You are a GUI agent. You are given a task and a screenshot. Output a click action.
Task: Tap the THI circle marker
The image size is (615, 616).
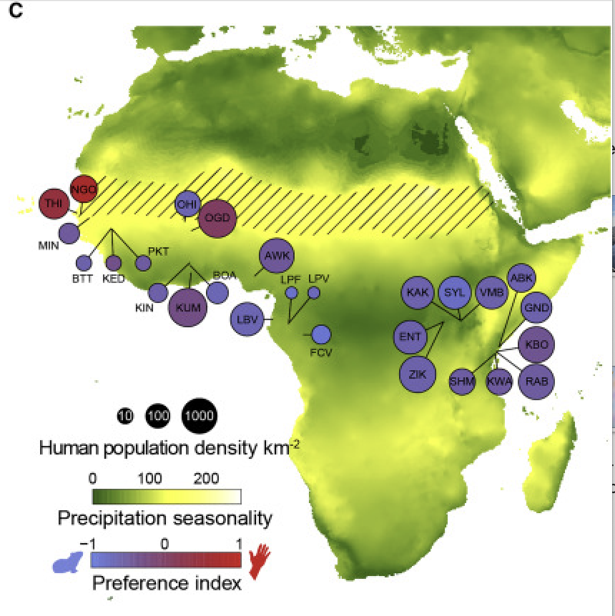coord(53,204)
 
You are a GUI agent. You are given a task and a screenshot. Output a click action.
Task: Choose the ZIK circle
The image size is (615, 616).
coord(417,373)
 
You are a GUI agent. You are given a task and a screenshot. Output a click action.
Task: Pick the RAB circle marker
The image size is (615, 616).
coord(536,379)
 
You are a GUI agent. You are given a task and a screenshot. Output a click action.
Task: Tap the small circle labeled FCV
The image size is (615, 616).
coord(322,334)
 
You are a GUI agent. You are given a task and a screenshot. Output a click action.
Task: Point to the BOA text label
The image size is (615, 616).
coord(225,274)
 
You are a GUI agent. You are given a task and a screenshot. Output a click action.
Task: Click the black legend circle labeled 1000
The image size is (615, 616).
coord(200,415)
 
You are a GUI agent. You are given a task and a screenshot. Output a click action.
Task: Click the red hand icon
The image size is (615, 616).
coord(260,561)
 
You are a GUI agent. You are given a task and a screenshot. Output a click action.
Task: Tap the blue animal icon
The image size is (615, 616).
coord(67,563)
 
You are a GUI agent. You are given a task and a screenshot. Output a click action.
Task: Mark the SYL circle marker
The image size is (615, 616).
coord(455,292)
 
